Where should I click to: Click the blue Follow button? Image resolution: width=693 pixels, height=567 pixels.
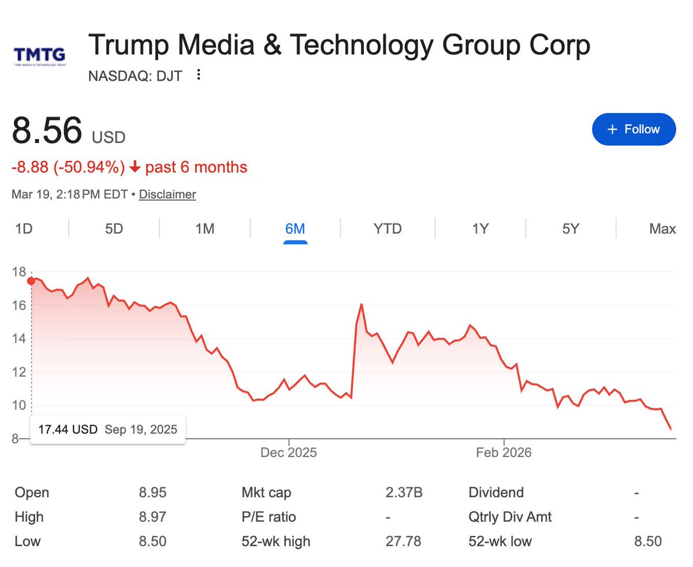[634, 129]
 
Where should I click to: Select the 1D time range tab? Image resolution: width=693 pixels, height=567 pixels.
[24, 229]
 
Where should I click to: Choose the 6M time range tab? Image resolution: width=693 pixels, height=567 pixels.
[295, 229]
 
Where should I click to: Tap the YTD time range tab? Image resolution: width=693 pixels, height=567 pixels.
[388, 229]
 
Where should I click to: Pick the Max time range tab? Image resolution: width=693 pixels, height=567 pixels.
[662, 229]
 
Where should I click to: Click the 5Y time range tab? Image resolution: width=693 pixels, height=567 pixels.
[571, 229]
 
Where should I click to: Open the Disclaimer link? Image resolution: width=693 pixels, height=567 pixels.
[167, 194]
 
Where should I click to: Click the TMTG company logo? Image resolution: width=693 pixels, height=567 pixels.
[39, 56]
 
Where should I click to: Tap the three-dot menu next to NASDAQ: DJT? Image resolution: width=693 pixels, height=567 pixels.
[199, 75]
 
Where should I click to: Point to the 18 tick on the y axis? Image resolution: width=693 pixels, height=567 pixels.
[18, 272]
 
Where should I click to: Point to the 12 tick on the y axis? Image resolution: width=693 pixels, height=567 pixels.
[18, 372]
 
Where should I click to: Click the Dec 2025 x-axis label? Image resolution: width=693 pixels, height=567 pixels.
[289, 453]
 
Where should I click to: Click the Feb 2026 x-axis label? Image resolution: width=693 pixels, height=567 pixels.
[504, 453]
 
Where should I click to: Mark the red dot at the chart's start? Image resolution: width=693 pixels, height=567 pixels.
[31, 281]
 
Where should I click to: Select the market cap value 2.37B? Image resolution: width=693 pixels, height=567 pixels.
[404, 493]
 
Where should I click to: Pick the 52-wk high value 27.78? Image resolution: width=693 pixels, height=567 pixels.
[403, 541]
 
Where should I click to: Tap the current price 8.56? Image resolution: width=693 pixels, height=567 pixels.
[47, 130]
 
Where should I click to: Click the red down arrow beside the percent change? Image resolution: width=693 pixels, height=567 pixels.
[135, 168]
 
